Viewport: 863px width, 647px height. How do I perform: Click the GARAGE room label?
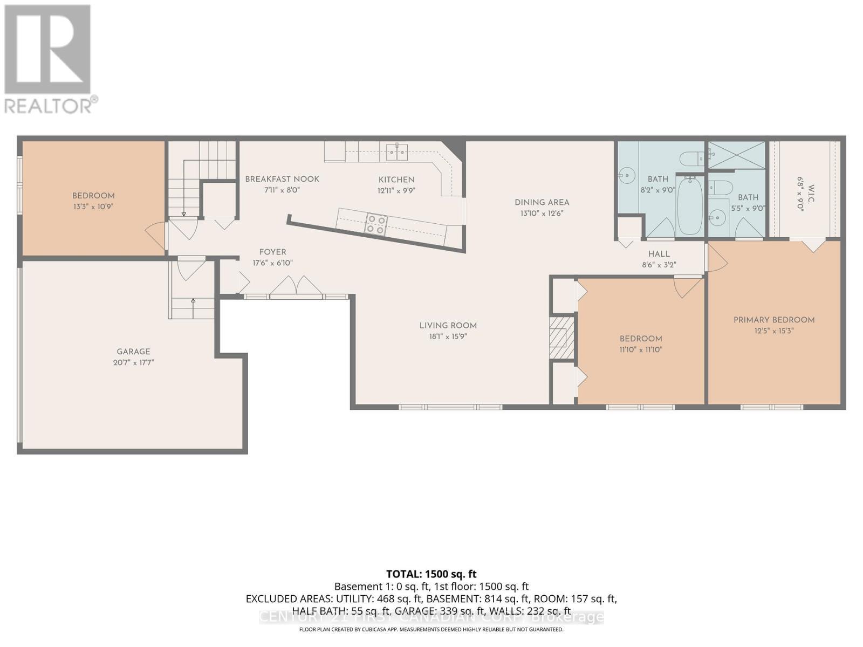point(133,352)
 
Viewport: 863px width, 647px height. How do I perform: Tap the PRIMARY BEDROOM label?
point(773,320)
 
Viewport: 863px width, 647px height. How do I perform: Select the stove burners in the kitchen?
point(375,224)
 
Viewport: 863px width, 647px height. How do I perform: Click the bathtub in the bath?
point(689,206)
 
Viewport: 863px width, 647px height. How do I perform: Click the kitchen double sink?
point(397,152)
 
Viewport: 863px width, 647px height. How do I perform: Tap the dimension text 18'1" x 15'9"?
point(448,336)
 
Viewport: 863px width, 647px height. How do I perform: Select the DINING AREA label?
point(542,202)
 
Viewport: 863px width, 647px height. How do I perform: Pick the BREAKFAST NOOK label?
point(282,179)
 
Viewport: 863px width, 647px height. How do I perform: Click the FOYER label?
point(272,252)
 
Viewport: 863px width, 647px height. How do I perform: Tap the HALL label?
point(659,254)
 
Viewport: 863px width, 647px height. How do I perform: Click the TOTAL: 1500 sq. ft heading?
point(431,574)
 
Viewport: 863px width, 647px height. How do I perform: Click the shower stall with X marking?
point(736,154)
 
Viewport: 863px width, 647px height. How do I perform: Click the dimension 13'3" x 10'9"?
point(93,207)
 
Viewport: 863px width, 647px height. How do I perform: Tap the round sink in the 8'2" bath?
point(627,175)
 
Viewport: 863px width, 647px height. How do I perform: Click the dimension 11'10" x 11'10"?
point(640,349)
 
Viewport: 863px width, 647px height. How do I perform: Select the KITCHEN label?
point(396,180)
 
